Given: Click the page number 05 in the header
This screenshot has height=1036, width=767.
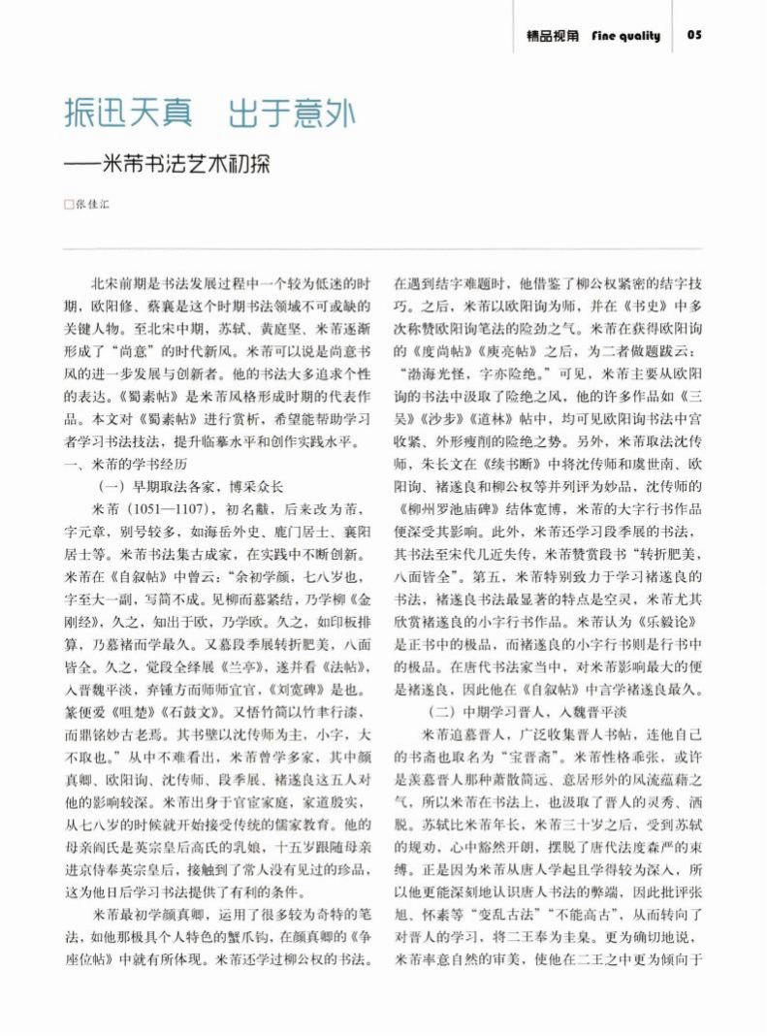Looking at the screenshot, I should point(694,36).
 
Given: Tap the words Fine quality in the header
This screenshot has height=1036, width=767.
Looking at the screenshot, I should point(625,36).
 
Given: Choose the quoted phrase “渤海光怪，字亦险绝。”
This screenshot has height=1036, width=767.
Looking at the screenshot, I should point(471,373).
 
